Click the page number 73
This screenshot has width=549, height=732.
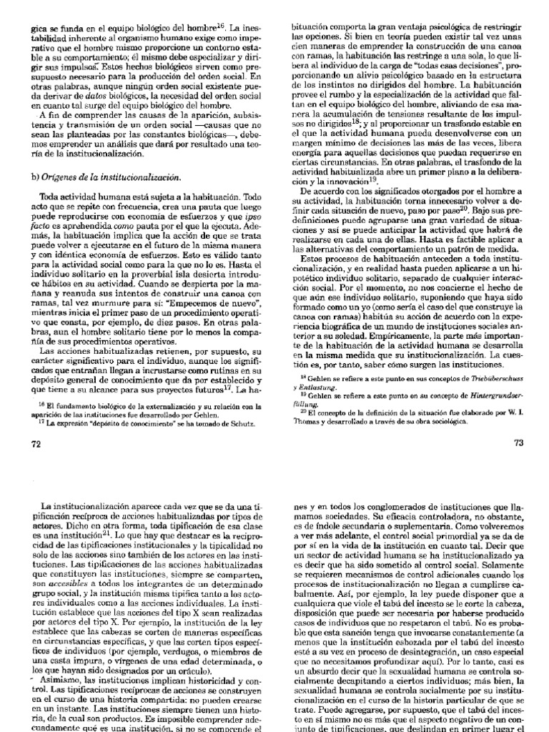tap(519, 443)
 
